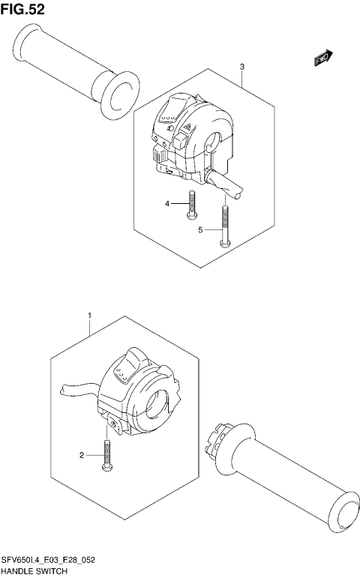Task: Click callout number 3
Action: point(242,67)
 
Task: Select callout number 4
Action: point(169,203)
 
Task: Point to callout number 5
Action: point(200,230)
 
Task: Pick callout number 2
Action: point(82,455)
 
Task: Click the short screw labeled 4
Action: point(191,205)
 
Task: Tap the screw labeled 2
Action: point(107,457)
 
